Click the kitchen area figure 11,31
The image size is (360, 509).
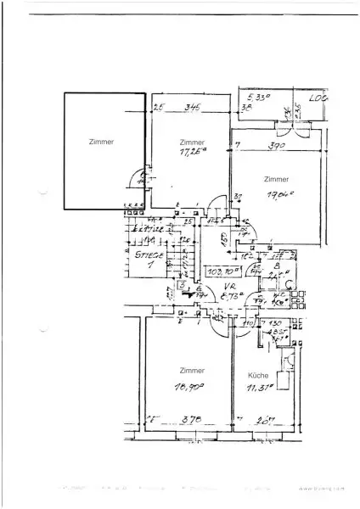click(x=260, y=388)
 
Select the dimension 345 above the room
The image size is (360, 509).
click(x=192, y=108)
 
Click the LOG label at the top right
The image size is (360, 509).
click(x=318, y=99)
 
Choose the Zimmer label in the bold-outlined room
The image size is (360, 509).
click(x=100, y=143)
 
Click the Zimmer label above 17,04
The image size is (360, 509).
click(x=276, y=180)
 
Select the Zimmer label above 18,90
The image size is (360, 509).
click(x=190, y=372)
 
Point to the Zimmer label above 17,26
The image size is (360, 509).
click(x=192, y=142)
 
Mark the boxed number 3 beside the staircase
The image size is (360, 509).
click(x=158, y=285)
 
